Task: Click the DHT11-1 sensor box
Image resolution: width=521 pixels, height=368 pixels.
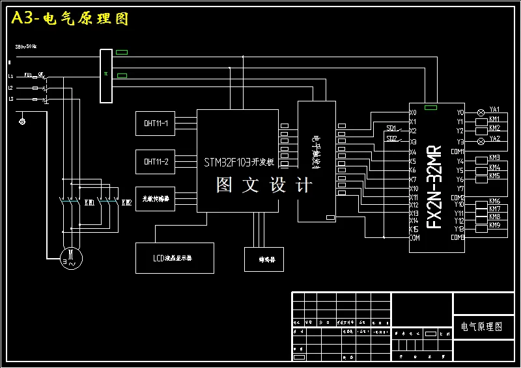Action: [x=155, y=123]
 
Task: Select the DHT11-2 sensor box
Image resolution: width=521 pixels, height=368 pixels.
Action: [x=155, y=161]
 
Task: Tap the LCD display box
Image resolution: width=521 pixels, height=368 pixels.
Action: [x=174, y=258]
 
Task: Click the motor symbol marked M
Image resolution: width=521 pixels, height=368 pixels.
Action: [x=68, y=257]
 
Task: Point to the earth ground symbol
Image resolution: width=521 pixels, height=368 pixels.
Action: [x=23, y=121]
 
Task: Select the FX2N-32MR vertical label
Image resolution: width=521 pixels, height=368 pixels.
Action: [x=434, y=189]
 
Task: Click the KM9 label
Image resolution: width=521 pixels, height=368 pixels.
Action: [x=495, y=225]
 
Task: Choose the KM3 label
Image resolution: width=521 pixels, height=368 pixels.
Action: [x=495, y=158]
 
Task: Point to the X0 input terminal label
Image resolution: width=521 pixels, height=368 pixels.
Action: [x=413, y=112]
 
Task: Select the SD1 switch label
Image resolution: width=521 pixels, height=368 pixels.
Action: [x=391, y=127]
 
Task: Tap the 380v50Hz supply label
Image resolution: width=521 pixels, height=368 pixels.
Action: [x=26, y=47]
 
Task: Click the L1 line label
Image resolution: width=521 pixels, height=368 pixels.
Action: [x=10, y=76]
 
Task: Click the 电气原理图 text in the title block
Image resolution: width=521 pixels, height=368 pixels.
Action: [x=482, y=327]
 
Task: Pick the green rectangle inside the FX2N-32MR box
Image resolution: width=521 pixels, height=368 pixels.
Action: [x=430, y=108]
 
